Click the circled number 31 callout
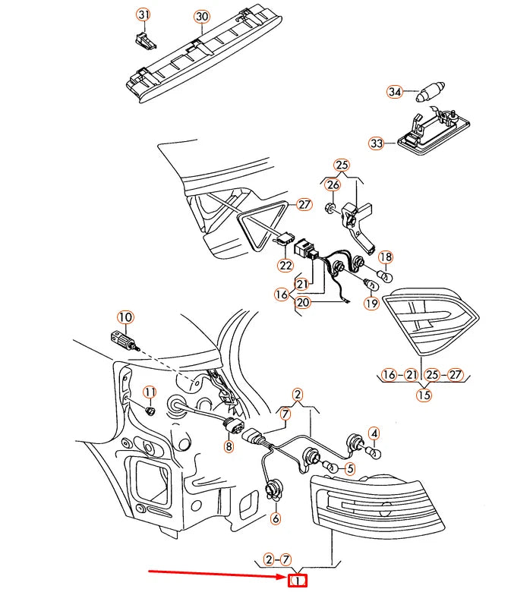pyautogui.click(x=144, y=15)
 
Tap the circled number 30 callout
pyautogui.click(x=201, y=16)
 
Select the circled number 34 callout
pyautogui.click(x=394, y=92)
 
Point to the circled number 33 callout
pyautogui.click(x=377, y=143)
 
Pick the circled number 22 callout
pyautogui.click(x=285, y=266)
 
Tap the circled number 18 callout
pyautogui.click(x=385, y=257)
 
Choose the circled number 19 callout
pyautogui.click(x=371, y=303)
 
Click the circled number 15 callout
pyautogui.click(x=424, y=395)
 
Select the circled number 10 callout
pyautogui.click(x=125, y=316)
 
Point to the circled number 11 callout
pyautogui.click(x=150, y=392)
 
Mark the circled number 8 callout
pyautogui.click(x=229, y=447)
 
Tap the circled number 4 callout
pyautogui.click(x=374, y=433)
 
